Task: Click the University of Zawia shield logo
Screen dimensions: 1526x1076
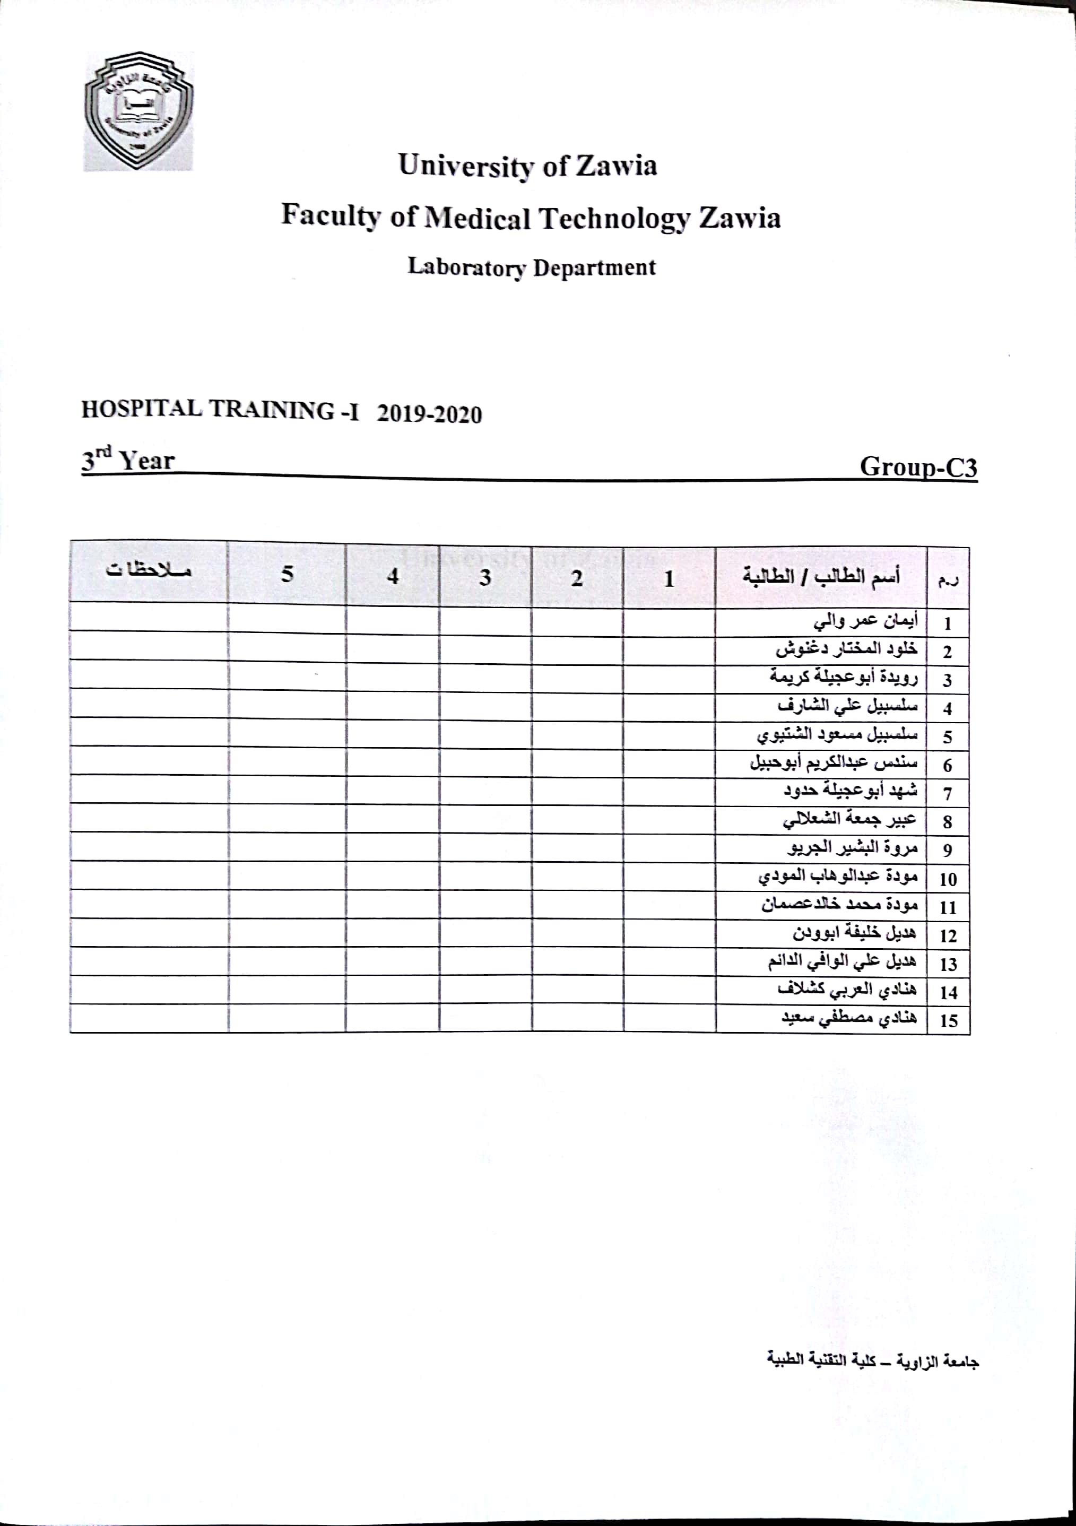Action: pos(138,111)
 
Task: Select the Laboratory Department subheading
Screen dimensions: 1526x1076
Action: pos(531,267)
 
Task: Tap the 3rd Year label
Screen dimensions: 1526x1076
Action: pos(128,460)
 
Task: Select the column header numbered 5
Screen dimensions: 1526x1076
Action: pos(287,574)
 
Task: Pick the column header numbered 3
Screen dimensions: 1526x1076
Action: pos(485,577)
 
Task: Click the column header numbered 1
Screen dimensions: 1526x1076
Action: pos(669,578)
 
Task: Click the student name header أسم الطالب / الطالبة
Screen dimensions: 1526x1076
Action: pos(821,576)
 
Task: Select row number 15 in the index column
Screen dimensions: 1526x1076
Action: pos(948,1021)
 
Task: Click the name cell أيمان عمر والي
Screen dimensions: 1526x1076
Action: pos(865,621)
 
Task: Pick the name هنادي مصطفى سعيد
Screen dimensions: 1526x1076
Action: pos(849,1019)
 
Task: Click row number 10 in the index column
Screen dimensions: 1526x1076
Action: pos(948,879)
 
